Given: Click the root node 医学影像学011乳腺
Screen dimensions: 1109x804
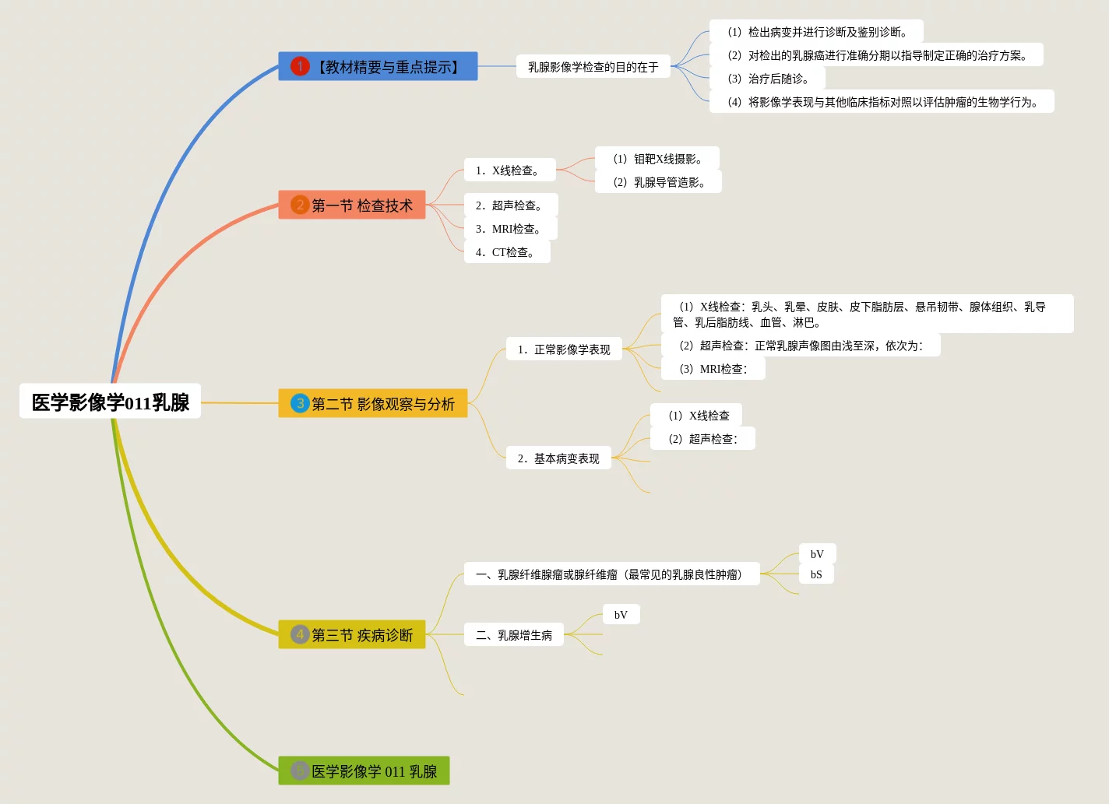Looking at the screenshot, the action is (110, 401).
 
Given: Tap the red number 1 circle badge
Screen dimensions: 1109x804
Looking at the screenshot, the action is (300, 66).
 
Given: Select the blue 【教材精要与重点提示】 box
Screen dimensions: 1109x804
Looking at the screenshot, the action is (378, 66).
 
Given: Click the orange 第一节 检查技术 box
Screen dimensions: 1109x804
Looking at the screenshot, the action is (352, 205).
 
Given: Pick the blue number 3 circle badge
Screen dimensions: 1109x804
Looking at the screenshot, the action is (300, 403).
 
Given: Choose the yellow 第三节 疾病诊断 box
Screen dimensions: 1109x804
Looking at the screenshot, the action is (352, 634).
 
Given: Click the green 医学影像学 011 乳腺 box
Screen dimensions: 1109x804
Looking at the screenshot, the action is (364, 771).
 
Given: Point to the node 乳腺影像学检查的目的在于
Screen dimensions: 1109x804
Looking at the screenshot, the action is (593, 66).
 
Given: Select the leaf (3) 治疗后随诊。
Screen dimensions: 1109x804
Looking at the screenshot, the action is (767, 78).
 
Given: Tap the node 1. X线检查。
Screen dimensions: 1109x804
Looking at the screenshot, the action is (510, 170).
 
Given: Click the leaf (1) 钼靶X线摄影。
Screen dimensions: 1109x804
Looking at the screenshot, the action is (657, 158).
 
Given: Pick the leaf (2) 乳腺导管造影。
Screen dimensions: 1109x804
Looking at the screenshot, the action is (658, 181).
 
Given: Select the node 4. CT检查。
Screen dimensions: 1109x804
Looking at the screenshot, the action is (507, 251).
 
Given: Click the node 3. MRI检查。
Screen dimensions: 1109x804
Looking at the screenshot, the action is (510, 228).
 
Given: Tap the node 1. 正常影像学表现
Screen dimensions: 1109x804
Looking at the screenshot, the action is (564, 349).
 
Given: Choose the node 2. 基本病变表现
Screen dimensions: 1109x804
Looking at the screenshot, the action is (558, 458).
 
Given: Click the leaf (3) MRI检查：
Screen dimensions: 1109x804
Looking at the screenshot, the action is (713, 368).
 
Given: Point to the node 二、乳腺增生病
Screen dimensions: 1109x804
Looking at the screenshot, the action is (514, 634).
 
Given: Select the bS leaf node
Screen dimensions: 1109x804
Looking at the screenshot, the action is (816, 574).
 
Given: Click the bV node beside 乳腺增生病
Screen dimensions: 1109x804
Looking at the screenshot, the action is (621, 614).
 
